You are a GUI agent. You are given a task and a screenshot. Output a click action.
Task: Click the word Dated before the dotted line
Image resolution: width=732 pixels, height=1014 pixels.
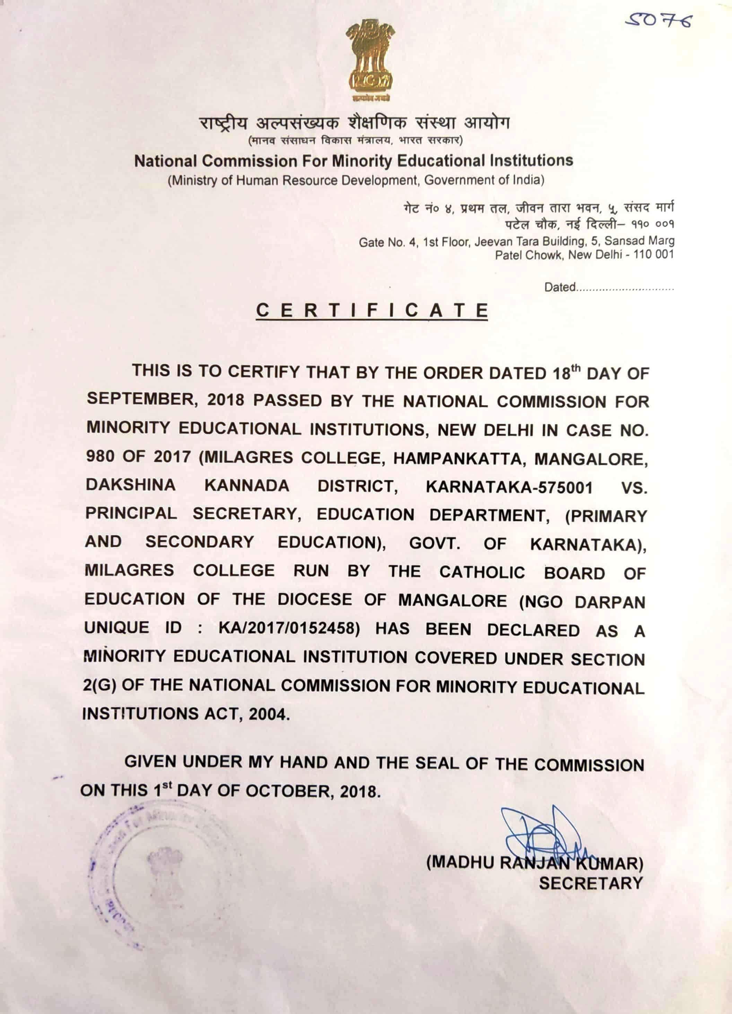tap(559, 287)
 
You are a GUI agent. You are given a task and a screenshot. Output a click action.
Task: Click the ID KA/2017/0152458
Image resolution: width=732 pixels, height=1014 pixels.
tap(289, 628)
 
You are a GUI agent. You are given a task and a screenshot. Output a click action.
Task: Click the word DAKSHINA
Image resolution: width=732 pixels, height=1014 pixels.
tap(130, 485)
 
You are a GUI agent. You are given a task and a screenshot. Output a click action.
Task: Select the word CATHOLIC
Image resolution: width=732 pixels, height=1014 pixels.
tap(482, 572)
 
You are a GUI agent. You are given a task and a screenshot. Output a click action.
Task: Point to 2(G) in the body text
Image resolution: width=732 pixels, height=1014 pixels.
tap(99, 685)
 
